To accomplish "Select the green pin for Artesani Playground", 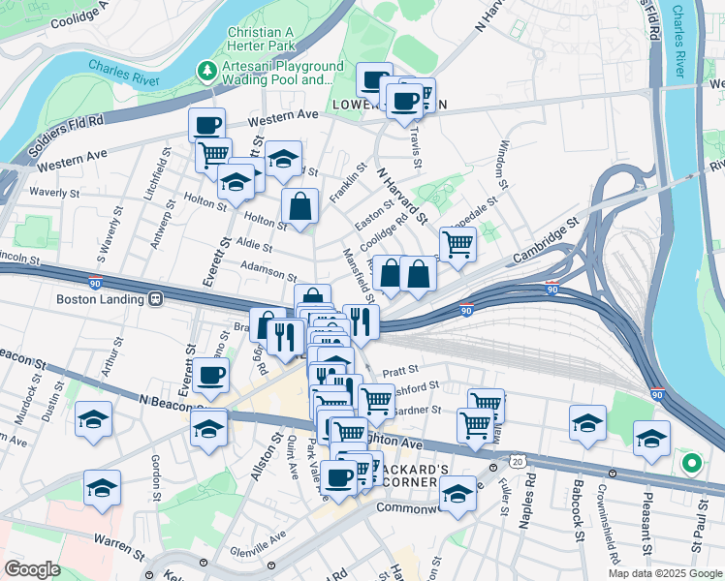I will pyautogui.click(x=206, y=71).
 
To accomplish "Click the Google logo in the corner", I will pyautogui.click(x=32, y=568).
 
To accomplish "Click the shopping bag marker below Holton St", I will pyautogui.click(x=300, y=206).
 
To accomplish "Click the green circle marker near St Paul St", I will pyautogui.click(x=691, y=464).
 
